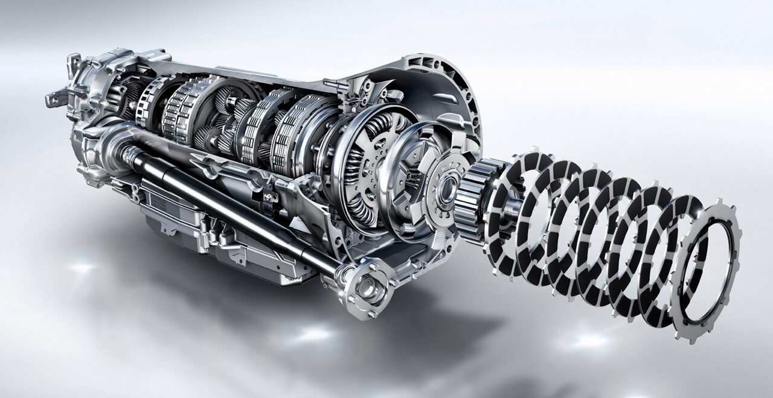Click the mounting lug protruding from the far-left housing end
click(x=55, y=96)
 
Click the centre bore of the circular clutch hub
click(x=446, y=189)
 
